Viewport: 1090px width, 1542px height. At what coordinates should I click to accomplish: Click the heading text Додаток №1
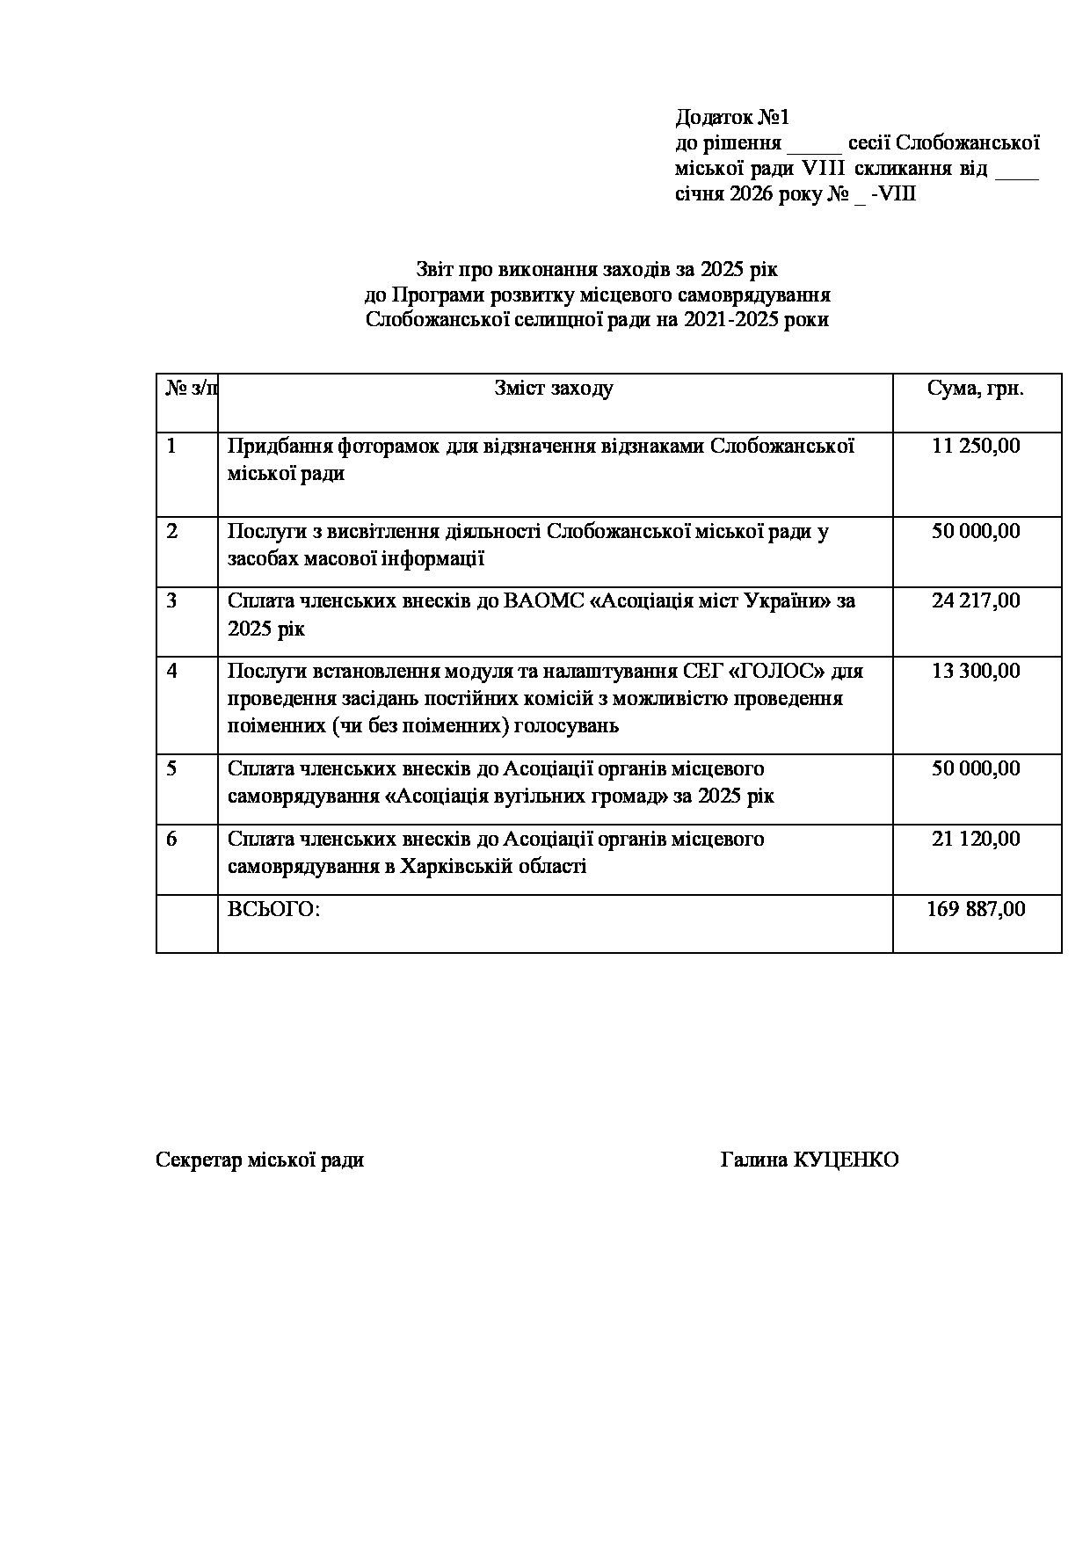[733, 117]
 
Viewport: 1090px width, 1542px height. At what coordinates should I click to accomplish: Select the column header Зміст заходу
[554, 389]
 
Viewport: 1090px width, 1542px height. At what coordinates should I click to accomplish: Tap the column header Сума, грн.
[976, 389]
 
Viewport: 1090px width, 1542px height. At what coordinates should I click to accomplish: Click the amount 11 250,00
[976, 446]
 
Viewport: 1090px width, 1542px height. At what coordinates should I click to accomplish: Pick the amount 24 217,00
[976, 600]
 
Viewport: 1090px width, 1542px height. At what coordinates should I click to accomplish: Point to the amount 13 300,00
[976, 671]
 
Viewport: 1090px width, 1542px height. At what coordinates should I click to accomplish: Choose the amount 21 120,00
[976, 839]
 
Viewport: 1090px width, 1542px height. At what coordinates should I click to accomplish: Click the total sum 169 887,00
[976, 909]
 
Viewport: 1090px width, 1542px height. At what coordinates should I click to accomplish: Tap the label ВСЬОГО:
[273, 909]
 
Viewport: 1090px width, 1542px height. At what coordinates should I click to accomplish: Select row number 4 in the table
[172, 671]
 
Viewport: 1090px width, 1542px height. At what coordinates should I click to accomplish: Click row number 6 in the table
[172, 839]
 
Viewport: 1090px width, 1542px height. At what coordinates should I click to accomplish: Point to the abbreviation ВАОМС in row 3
[541, 601]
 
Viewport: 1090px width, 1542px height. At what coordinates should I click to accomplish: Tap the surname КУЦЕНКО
[846, 1160]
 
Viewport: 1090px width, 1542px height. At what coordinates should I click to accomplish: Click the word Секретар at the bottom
[198, 1160]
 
